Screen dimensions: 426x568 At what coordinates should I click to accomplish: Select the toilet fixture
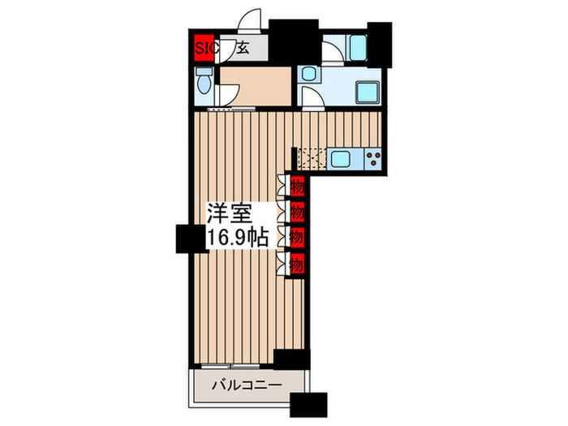pos(205,82)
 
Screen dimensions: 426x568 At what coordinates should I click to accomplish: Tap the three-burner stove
pos(375,157)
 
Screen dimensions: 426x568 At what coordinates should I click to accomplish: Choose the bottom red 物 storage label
pos(297,264)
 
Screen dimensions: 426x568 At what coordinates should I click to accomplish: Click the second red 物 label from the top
pos(297,213)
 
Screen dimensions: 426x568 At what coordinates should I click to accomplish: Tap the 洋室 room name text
pos(227,215)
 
